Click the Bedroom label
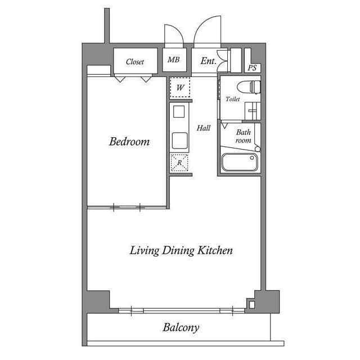click(x=129, y=141)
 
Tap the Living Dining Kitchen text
click(x=181, y=250)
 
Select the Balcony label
click(x=181, y=327)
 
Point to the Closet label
click(x=135, y=61)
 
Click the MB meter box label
click(x=174, y=60)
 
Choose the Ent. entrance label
click(x=208, y=61)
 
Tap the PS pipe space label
click(x=252, y=67)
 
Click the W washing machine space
click(x=180, y=88)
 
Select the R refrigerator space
click(x=179, y=163)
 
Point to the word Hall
click(x=204, y=128)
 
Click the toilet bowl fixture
click(x=249, y=87)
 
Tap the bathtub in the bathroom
click(x=240, y=163)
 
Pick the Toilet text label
click(x=232, y=99)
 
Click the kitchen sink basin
click(x=180, y=141)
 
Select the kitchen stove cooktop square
click(x=179, y=111)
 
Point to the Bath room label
click(x=244, y=136)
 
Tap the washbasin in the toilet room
click(x=253, y=111)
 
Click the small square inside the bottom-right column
click(x=252, y=305)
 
